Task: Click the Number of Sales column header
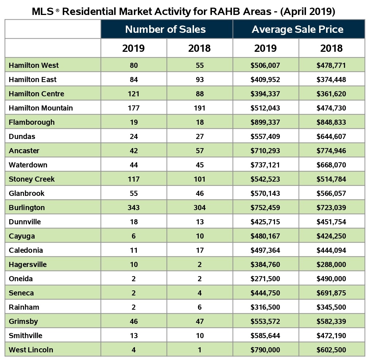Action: pyautogui.click(x=166, y=29)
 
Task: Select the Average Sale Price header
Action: pyautogui.click(x=298, y=29)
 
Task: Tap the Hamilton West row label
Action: pyautogui.click(x=34, y=65)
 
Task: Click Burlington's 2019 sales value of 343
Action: pyautogui.click(x=133, y=208)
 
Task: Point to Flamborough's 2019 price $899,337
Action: pyautogui.click(x=265, y=122)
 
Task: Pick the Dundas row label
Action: pyautogui.click(x=22, y=136)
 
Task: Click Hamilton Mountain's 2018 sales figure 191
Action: pyautogui.click(x=200, y=108)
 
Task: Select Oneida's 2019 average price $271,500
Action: pyautogui.click(x=265, y=279)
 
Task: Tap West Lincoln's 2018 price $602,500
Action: pyautogui.click(x=331, y=350)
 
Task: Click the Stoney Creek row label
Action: pyautogui.click(x=32, y=179)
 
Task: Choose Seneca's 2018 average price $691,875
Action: pyautogui.click(x=331, y=293)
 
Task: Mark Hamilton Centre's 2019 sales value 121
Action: pyautogui.click(x=133, y=94)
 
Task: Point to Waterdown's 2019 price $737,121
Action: pyautogui.click(x=265, y=165)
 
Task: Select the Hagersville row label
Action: pyautogui.click(x=28, y=264)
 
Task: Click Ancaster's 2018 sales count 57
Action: pyautogui.click(x=200, y=151)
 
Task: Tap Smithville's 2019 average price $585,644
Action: pyautogui.click(x=265, y=336)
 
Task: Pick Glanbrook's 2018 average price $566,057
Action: pyautogui.click(x=331, y=193)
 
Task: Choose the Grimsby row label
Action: pyautogui.click(x=23, y=321)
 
